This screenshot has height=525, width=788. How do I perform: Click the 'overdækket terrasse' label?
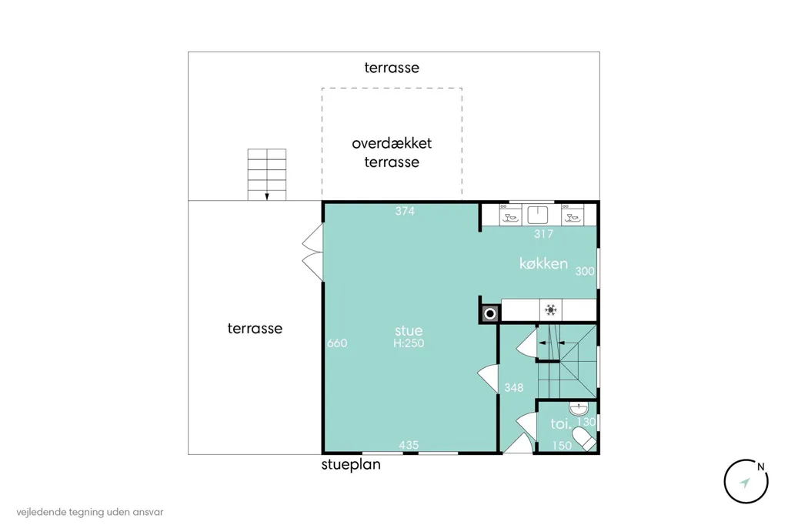point(392,152)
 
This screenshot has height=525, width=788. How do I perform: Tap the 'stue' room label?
point(409,330)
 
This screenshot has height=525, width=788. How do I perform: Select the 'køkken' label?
point(543,263)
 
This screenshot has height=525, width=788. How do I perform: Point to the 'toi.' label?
point(561,424)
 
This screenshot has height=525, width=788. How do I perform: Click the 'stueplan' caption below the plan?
point(351,464)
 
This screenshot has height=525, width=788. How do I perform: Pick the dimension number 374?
point(405,211)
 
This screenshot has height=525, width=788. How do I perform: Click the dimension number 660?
point(337,343)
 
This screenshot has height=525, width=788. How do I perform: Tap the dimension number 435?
point(409,445)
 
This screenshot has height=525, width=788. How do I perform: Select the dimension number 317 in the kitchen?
point(543,234)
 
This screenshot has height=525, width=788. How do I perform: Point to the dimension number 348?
point(513,388)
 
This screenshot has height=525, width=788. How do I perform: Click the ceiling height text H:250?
point(409,343)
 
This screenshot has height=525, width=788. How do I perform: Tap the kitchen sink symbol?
point(537,215)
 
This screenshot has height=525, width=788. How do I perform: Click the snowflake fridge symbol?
point(551,309)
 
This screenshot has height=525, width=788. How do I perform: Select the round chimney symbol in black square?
point(490,314)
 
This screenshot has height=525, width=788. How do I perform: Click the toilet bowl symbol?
point(584,439)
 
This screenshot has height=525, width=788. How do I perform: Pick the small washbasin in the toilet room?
point(579,408)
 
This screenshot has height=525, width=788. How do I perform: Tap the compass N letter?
point(761,466)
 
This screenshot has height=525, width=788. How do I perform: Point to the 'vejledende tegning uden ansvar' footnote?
point(90,513)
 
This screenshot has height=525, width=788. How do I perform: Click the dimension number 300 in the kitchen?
point(585,272)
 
